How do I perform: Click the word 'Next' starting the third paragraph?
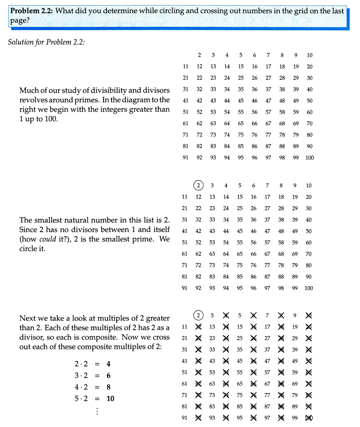27,318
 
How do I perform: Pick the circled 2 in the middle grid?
199,186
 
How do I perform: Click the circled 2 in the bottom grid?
198,316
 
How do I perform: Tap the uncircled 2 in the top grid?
199,55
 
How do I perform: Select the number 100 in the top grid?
309,158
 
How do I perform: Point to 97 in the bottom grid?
267,418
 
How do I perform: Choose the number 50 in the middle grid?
309,231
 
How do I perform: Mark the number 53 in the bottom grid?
212,372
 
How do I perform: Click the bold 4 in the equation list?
108,364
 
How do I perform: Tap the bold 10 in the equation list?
110,399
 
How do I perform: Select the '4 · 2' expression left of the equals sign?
81,387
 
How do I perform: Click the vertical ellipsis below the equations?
97,411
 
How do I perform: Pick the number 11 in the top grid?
185,67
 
